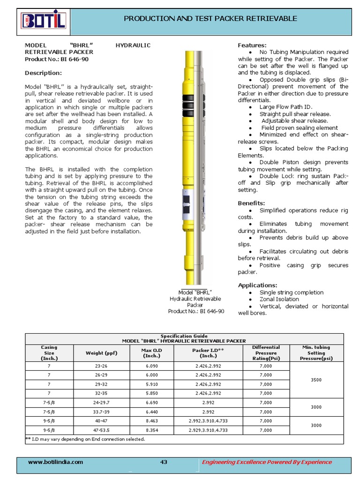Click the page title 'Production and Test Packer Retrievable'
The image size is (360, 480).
click(x=210, y=19)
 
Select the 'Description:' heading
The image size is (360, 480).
click(x=43, y=73)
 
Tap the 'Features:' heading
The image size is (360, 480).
click(x=252, y=45)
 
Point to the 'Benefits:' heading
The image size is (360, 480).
click(x=251, y=203)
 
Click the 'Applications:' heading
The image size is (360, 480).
click(x=257, y=285)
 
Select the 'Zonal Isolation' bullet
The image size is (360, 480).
click(x=279, y=299)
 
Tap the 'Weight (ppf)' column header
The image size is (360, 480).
click(x=101, y=352)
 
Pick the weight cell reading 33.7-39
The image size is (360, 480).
click(x=101, y=412)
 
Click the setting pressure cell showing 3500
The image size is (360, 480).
click(x=316, y=380)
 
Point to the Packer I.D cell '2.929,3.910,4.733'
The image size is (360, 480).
click(x=208, y=430)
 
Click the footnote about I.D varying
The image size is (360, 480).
click(x=85, y=439)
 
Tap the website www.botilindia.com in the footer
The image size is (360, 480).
click(x=55, y=462)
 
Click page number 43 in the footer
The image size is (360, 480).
click(x=164, y=462)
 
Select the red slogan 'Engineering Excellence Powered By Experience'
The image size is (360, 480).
click(x=266, y=462)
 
